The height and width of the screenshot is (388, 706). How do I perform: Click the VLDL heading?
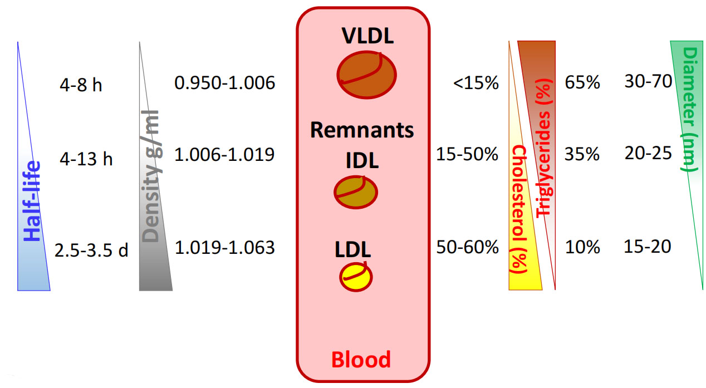[367, 36]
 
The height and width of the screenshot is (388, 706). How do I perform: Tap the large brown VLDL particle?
[366, 75]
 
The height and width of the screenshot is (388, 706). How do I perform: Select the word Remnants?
[362, 130]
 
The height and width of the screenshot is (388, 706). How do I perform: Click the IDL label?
[362, 160]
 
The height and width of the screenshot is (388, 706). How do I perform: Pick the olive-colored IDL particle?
[356, 192]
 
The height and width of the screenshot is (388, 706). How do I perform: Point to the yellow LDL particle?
[356, 277]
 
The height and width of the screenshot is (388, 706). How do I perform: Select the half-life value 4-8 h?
[81, 85]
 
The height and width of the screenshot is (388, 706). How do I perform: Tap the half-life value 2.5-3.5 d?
[91, 251]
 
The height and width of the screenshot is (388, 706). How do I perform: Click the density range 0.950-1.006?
[225, 83]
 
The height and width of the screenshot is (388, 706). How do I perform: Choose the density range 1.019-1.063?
[225, 247]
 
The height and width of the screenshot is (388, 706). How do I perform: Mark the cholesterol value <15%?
[476, 83]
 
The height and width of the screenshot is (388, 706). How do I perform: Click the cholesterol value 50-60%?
[467, 247]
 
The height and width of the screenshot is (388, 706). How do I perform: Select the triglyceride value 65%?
[582, 82]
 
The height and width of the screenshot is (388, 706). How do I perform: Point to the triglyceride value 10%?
[582, 247]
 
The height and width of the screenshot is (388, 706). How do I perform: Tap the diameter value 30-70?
[648, 81]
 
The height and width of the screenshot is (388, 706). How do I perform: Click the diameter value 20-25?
[648, 153]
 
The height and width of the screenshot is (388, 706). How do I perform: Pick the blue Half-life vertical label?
[32, 201]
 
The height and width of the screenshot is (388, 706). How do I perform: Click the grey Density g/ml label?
[151, 176]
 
